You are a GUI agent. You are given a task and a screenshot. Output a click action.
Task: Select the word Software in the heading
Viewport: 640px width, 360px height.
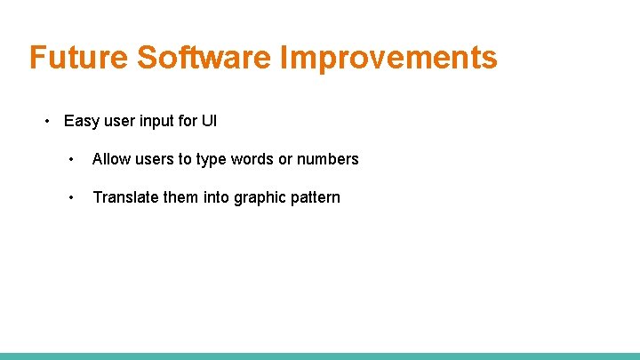tap(205, 58)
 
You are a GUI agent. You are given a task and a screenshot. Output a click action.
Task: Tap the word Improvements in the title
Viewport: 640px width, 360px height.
tap(389, 58)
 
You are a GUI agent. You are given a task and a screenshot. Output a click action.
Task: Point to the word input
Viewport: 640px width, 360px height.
tap(155, 122)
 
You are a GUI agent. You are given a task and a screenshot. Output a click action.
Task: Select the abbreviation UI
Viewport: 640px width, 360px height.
tap(209, 121)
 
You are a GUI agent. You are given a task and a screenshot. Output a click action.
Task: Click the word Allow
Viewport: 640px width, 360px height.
tap(110, 159)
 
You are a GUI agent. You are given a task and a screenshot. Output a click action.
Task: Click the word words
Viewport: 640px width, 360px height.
tap(252, 159)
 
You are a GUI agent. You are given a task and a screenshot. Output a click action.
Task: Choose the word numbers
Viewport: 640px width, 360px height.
tap(328, 159)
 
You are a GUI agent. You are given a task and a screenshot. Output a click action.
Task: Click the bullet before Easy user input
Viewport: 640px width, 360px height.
tap(49, 121)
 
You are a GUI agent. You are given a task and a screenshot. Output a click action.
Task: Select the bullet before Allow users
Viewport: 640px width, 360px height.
tap(70, 159)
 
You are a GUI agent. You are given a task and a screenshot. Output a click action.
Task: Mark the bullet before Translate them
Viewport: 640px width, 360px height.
tap(70, 197)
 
